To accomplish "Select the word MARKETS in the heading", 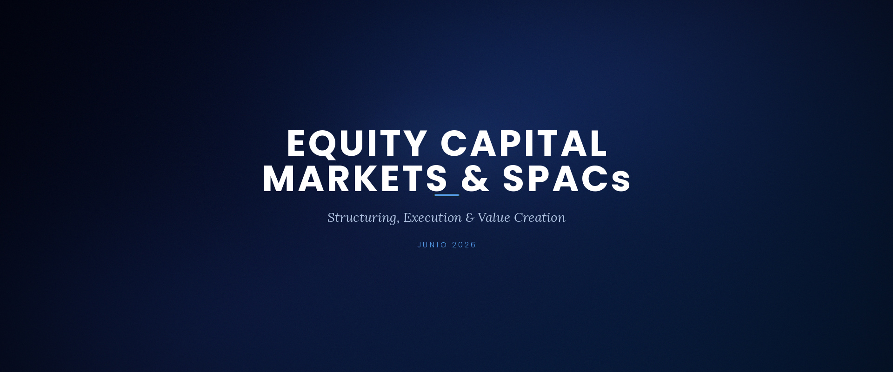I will [355, 179].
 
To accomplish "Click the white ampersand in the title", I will [475, 179].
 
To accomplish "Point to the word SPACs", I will [566, 179].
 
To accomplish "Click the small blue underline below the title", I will [446, 195].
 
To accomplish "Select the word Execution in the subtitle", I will [432, 218].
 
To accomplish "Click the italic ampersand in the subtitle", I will [470, 218].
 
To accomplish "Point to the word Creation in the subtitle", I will [540, 218].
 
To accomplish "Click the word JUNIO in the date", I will [432, 245].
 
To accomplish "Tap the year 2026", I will [464, 245].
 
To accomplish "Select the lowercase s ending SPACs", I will [621, 182].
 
